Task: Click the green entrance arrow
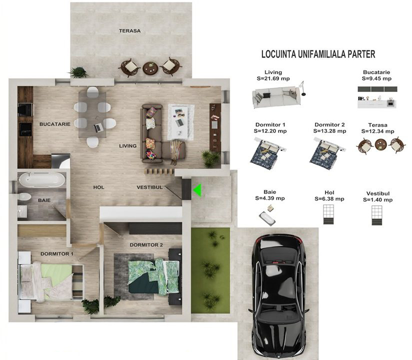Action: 198,190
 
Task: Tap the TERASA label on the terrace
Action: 130,30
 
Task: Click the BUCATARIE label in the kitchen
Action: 55,124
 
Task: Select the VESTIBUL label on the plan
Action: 149,187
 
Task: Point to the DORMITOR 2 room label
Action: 146,245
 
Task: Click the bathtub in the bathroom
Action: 42,179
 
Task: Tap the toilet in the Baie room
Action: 24,196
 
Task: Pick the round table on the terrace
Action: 150,68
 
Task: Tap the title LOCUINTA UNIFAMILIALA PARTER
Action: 318,54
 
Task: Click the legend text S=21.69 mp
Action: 273,78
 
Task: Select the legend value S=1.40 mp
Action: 378,199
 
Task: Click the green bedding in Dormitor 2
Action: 154,276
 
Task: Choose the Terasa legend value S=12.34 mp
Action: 378,131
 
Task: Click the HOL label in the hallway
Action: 99,187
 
